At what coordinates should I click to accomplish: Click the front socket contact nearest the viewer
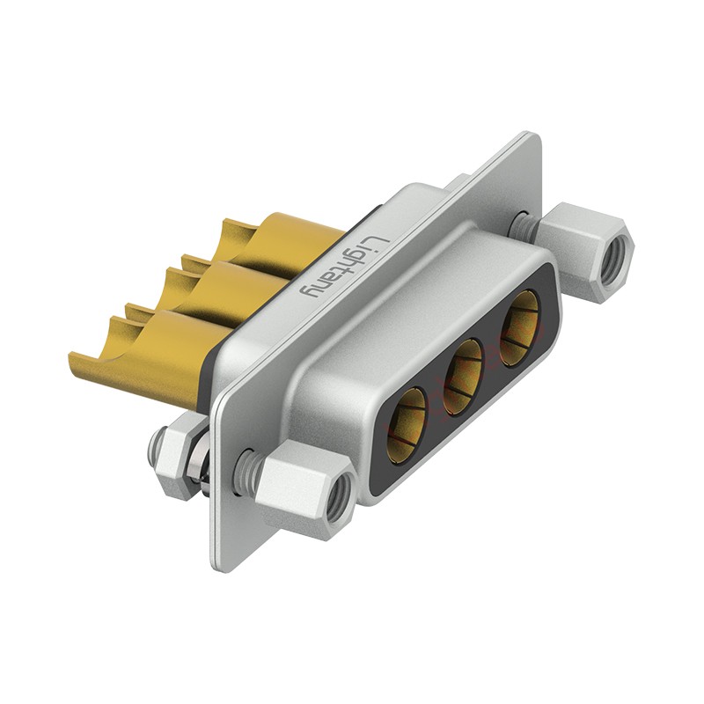(407, 425)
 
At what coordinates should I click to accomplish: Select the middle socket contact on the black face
(463, 377)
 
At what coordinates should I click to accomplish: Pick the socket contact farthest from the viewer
(520, 327)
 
